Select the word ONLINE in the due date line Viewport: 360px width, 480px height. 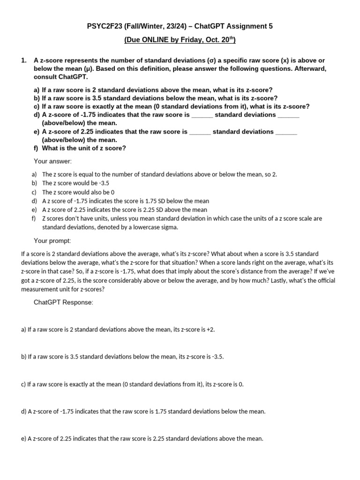pos(158,40)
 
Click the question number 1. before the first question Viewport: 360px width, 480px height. pos(24,60)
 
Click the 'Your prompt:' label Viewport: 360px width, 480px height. pos(52,240)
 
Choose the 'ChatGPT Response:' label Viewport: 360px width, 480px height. pos(63,302)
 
